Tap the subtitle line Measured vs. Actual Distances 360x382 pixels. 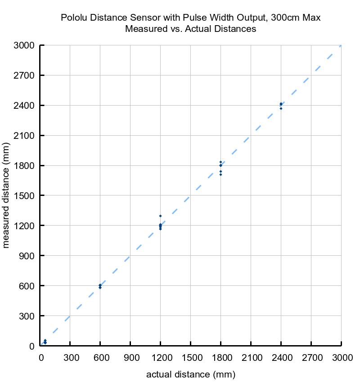[191, 29]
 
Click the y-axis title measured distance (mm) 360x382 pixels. [6, 195]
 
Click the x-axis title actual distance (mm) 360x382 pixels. [191, 374]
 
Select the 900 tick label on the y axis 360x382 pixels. [27, 256]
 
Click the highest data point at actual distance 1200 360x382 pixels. [160, 216]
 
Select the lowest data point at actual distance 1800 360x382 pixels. [220, 174]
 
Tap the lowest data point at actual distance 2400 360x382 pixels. [281, 108]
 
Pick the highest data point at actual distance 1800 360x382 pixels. [220, 162]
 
